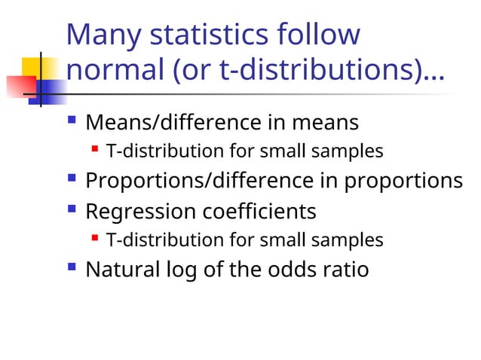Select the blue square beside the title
48,90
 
